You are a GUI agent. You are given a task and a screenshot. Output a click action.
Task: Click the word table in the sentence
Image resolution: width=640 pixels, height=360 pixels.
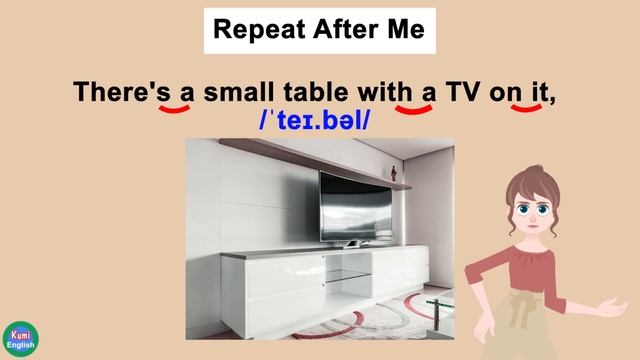click(x=318, y=93)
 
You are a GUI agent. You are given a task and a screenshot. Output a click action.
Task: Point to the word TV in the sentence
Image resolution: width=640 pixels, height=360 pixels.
click(x=462, y=93)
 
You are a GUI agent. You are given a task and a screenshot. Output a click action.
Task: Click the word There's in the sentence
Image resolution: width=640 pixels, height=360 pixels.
click(x=118, y=93)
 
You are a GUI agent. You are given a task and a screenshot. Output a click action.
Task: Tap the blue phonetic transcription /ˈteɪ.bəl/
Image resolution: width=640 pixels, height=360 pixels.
click(x=314, y=122)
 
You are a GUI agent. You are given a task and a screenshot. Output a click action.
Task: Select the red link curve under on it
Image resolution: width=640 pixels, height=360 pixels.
click(x=526, y=109)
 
